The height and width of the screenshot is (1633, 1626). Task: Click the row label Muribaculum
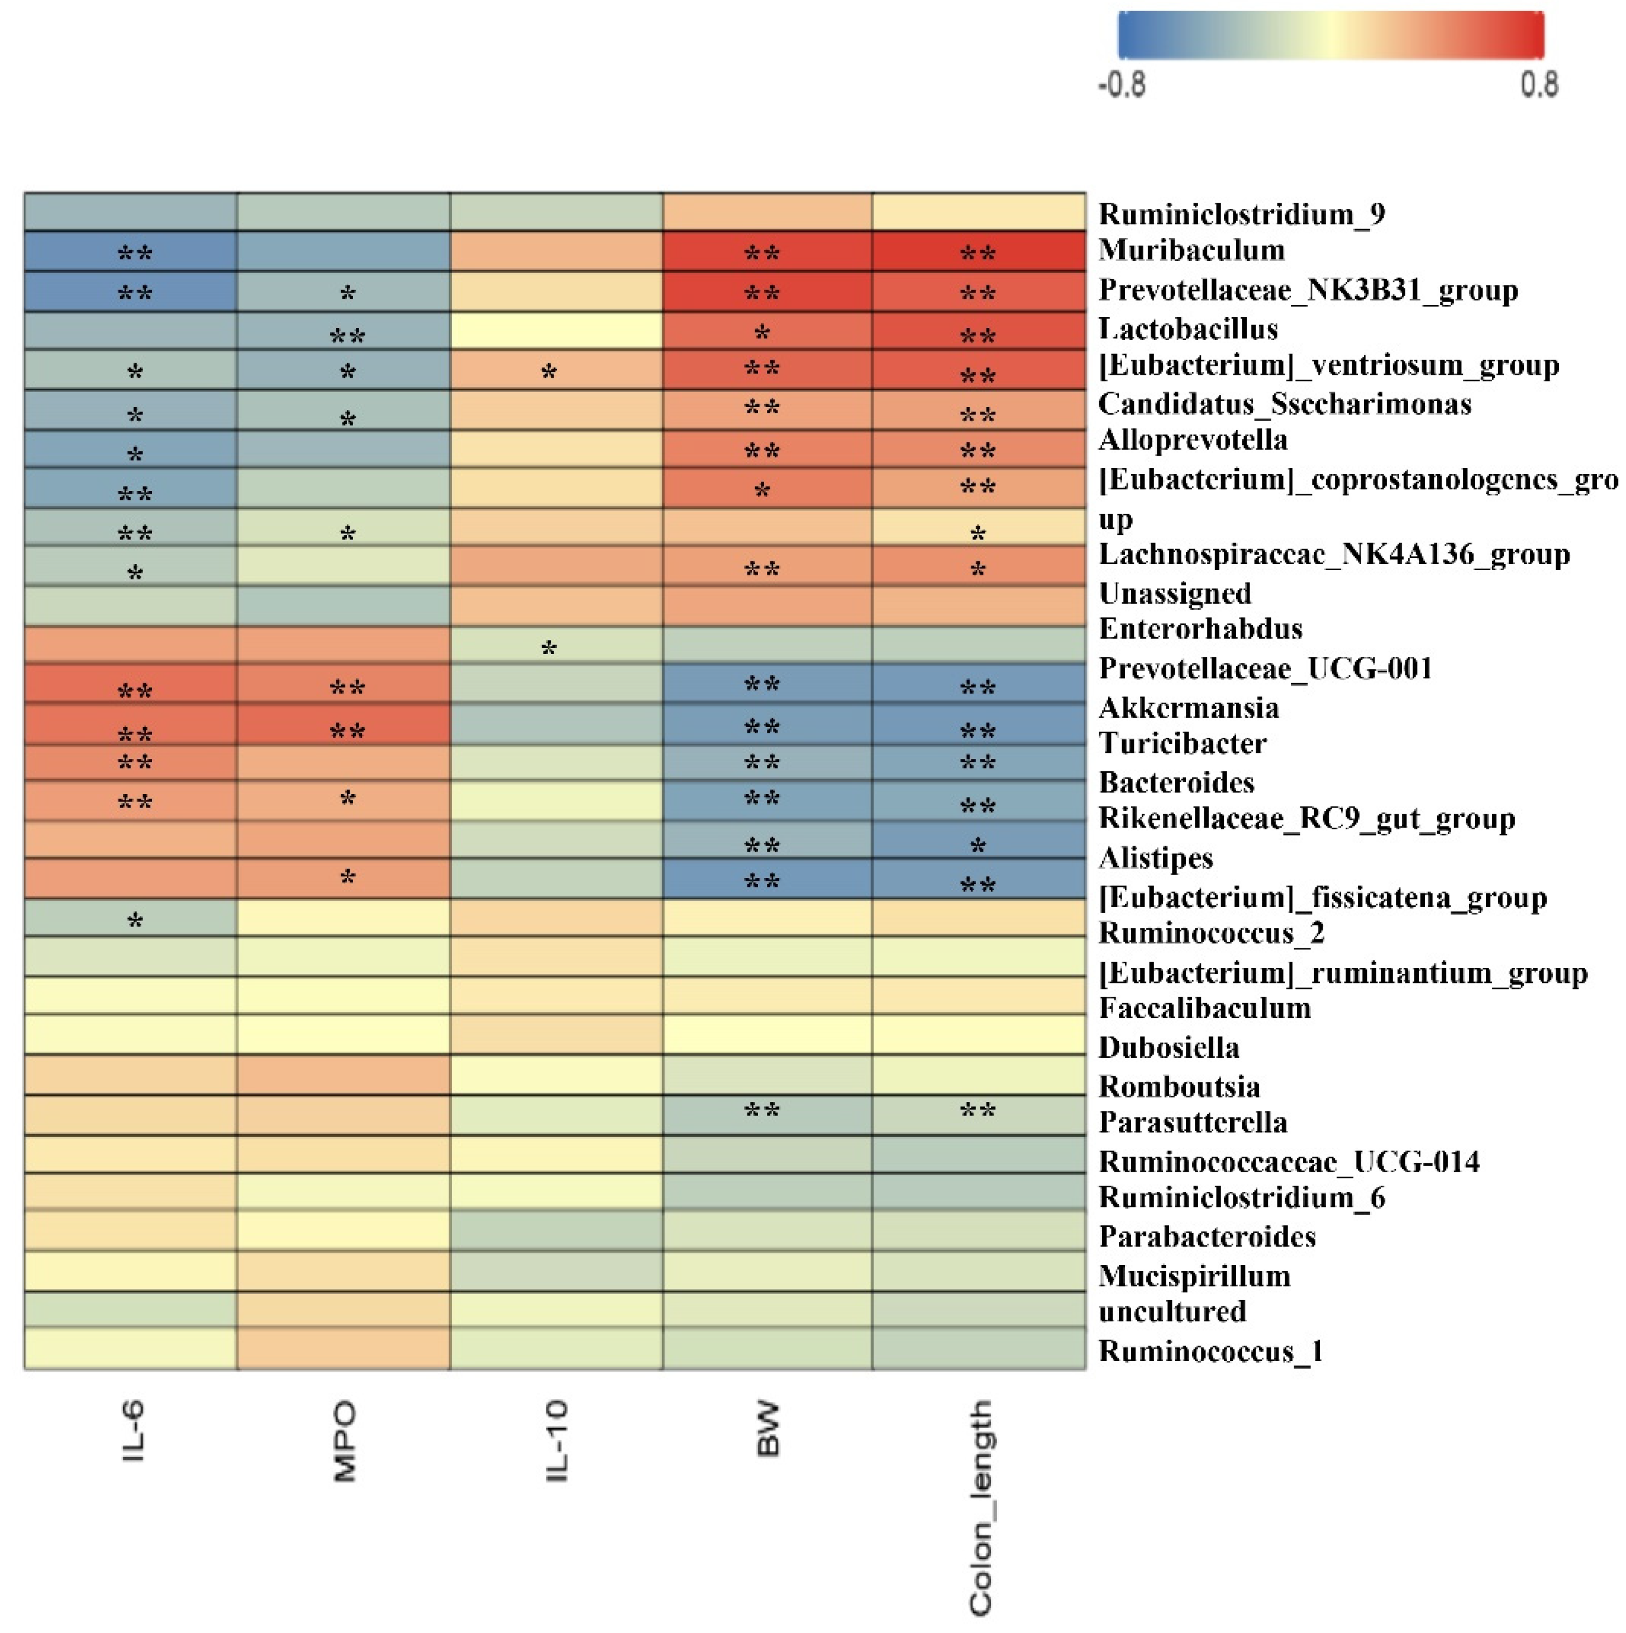click(x=1190, y=250)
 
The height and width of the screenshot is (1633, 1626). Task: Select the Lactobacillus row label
click(x=1187, y=329)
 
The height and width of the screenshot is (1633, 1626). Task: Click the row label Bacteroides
click(x=1176, y=782)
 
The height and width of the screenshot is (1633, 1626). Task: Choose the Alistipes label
click(x=1155, y=858)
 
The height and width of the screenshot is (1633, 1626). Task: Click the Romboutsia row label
click(x=1179, y=1086)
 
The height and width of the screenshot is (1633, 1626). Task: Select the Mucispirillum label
click(x=1194, y=1276)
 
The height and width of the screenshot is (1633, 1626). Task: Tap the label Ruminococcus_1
click(x=1210, y=1351)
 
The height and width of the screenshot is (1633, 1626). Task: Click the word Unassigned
click(x=1175, y=593)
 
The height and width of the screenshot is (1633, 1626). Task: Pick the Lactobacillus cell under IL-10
click(x=556, y=330)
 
